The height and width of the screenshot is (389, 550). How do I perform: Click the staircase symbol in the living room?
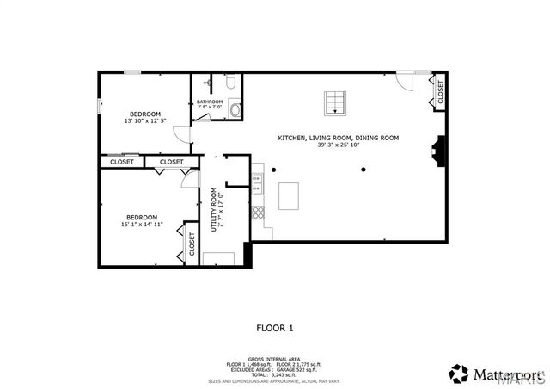pyautogui.click(x=333, y=102)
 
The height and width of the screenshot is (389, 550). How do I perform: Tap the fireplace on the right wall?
pyautogui.click(x=439, y=151)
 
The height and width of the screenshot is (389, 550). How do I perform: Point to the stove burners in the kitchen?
pyautogui.click(x=255, y=211)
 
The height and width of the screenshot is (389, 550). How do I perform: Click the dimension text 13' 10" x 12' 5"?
pyautogui.click(x=144, y=121)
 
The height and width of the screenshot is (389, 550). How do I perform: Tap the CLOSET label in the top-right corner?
pyautogui.click(x=440, y=93)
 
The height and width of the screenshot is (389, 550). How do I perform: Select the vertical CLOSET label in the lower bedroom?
pyautogui.click(x=191, y=244)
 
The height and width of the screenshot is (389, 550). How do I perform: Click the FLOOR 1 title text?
pyautogui.click(x=275, y=327)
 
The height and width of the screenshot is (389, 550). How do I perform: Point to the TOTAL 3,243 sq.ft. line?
pyautogui.click(x=274, y=374)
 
